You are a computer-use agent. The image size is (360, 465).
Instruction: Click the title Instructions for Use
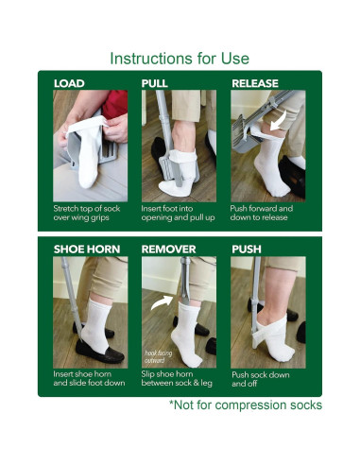coord(180,59)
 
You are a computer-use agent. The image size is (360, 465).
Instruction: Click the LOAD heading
coord(69,83)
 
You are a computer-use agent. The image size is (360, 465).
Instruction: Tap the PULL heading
coord(155,83)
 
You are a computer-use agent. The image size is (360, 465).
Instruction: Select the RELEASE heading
coord(255,83)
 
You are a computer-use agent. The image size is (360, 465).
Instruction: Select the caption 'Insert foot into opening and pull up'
coord(178,212)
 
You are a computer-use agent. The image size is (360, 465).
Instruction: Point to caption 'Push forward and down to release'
coord(267,212)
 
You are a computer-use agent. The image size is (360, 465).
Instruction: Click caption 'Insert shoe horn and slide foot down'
coord(89,378)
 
